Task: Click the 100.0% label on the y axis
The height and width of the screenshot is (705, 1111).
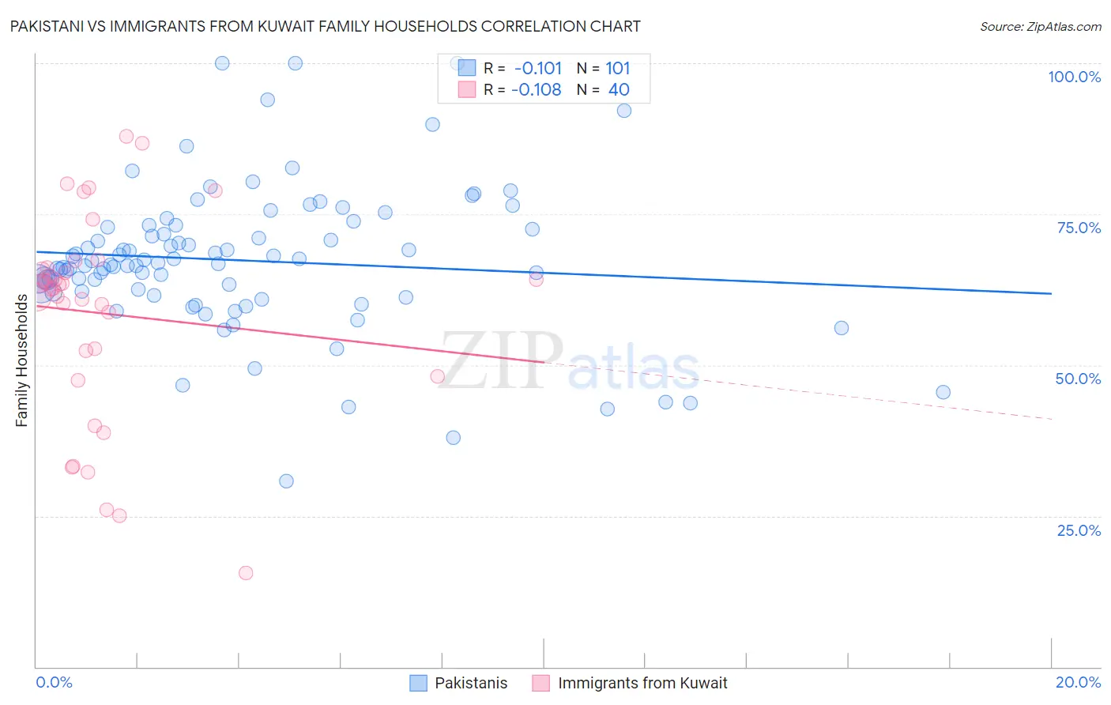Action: (1074, 77)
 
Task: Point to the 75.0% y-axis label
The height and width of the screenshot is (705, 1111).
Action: (1079, 228)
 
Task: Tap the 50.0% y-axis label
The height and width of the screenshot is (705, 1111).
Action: (1078, 379)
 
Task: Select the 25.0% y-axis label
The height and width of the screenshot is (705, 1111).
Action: (1079, 530)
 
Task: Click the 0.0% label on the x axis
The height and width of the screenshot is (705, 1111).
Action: (54, 682)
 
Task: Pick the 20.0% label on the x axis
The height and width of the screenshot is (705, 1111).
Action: (1078, 682)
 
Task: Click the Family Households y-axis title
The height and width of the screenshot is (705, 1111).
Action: (22, 360)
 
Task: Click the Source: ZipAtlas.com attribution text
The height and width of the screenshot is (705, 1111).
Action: (1040, 26)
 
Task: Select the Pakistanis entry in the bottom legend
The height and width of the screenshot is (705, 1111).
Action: (471, 683)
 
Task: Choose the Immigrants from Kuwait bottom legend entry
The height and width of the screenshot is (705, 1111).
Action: (642, 683)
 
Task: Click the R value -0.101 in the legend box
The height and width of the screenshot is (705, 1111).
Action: (537, 68)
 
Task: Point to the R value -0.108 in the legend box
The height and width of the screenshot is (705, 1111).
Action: (536, 90)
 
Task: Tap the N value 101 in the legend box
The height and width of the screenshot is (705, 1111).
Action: (618, 68)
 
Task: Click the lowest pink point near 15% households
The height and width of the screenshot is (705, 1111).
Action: (246, 573)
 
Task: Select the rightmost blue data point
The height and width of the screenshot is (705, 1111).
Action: (943, 392)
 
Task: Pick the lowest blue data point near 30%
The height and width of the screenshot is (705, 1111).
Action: (286, 481)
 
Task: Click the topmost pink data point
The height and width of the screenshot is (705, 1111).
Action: (126, 136)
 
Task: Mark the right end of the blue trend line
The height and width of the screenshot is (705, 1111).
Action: (1051, 293)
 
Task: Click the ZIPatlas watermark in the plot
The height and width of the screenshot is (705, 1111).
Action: (569, 362)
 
